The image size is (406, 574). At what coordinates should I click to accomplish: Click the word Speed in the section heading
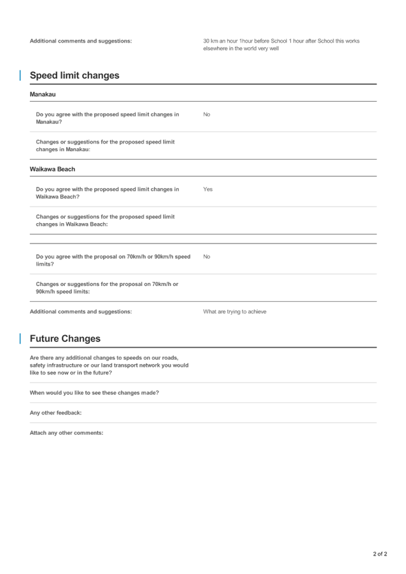point(43,76)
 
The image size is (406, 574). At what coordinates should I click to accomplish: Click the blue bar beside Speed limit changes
point(20,76)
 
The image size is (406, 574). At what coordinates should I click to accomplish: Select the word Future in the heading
point(45,339)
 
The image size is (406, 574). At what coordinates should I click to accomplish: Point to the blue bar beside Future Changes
point(20,339)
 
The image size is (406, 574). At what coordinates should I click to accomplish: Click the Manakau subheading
point(43,94)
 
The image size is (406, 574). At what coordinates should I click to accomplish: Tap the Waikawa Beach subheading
point(52,169)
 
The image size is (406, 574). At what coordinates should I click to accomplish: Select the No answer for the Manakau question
point(206,114)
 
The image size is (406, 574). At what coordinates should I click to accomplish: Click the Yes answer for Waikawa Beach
point(207,189)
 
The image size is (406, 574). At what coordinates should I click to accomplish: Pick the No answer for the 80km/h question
point(206,256)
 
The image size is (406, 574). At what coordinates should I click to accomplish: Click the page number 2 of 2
point(379,554)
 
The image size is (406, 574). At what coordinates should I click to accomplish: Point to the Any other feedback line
point(55,413)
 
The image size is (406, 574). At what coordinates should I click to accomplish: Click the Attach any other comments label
point(66,433)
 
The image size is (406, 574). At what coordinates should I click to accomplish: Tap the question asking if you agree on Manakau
point(108,118)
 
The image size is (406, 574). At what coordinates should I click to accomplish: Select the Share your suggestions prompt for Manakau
point(105,146)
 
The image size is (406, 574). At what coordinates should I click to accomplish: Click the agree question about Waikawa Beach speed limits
point(108,193)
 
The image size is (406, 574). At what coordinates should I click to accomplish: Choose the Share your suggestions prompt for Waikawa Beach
point(105,220)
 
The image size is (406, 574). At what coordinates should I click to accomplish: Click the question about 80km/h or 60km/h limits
point(113,260)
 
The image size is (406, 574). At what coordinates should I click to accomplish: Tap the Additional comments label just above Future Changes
point(81,311)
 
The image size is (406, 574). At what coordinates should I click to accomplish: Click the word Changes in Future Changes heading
point(82,339)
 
